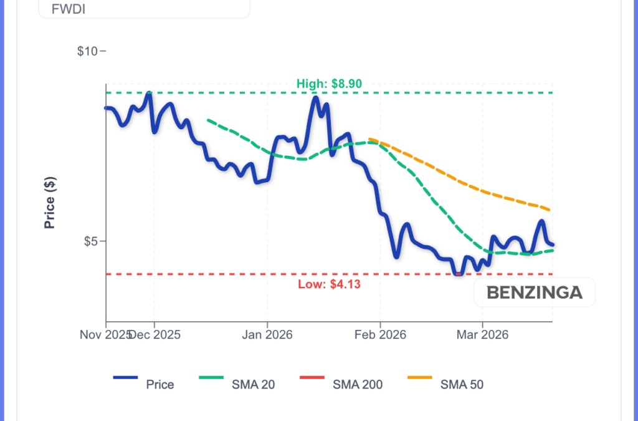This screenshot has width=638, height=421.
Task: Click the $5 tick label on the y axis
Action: (91, 241)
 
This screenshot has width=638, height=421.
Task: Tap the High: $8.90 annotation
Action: (329, 84)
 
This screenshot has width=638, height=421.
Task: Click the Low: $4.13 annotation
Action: (329, 284)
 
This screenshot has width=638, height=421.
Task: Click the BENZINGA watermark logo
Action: (534, 292)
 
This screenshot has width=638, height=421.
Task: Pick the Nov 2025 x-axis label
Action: (105, 335)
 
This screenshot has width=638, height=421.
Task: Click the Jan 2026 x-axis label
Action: (267, 335)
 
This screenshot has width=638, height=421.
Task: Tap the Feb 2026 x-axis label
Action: (381, 335)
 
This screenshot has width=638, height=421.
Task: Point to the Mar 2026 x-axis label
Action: (482, 335)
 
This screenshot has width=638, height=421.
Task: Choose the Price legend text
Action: (160, 385)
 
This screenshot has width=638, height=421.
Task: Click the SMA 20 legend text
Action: (253, 385)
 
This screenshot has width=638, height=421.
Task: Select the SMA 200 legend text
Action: (357, 385)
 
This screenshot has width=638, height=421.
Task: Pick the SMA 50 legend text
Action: (462, 385)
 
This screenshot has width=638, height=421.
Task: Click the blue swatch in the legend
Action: (125, 378)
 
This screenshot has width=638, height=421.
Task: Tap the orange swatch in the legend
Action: (419, 378)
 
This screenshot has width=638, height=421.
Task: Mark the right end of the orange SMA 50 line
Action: (550, 210)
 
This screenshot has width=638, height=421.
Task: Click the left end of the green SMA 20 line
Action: (208, 120)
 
